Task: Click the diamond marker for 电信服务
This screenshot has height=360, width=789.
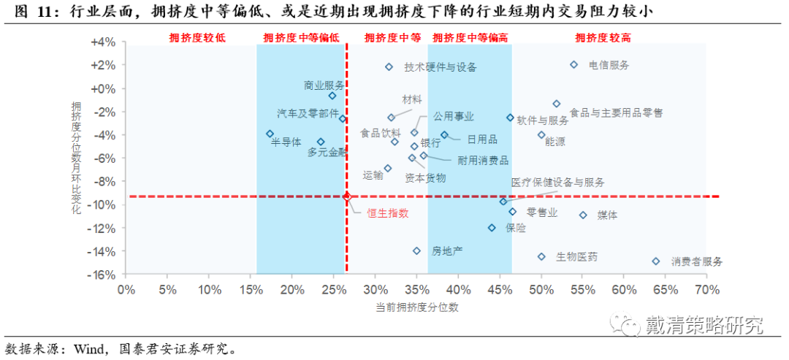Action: (x=574, y=65)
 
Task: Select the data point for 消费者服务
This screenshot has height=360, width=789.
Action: (x=656, y=261)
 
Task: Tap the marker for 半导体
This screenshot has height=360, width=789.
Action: (x=270, y=134)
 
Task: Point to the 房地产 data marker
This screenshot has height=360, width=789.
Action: (x=417, y=251)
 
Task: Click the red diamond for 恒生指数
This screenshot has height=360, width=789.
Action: (x=347, y=196)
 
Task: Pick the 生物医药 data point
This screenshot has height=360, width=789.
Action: (x=541, y=257)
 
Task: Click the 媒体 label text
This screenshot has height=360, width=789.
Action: (x=608, y=215)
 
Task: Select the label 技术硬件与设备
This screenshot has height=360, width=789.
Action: (x=441, y=67)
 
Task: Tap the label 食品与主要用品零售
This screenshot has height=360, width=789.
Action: (x=616, y=113)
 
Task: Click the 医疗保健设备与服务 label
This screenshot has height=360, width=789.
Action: (x=557, y=183)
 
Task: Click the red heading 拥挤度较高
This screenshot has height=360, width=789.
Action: (x=603, y=37)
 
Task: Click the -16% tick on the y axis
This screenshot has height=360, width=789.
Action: (x=103, y=275)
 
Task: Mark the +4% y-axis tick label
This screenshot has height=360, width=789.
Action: (x=103, y=42)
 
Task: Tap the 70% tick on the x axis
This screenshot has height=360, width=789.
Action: (x=707, y=290)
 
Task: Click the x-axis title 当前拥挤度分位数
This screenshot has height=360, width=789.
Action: (x=417, y=307)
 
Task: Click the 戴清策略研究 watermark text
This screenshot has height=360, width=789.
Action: (x=704, y=326)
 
